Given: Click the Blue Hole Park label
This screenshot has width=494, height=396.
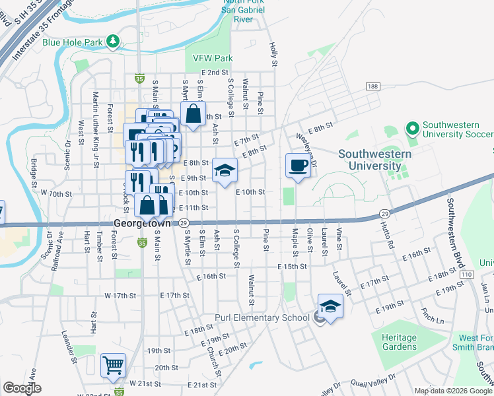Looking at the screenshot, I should point(72,42).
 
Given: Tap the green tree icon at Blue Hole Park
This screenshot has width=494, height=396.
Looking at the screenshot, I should point(113,42).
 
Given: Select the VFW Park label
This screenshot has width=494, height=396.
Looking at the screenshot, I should point(213,58).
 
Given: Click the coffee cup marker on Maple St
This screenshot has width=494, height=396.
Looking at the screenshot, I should point(297,165).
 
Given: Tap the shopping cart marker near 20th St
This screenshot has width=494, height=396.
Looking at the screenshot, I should point(113,365).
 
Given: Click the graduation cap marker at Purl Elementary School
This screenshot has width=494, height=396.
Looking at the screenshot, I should point(330,306).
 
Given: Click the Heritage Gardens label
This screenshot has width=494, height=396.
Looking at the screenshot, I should point(399,342).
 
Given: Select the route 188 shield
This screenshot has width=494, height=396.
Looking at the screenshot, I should point(373,87).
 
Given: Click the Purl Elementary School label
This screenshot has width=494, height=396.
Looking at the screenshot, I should point(262,318).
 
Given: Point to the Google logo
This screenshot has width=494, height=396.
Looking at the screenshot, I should point(22,388).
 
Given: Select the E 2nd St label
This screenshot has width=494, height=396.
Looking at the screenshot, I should point(215,72).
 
